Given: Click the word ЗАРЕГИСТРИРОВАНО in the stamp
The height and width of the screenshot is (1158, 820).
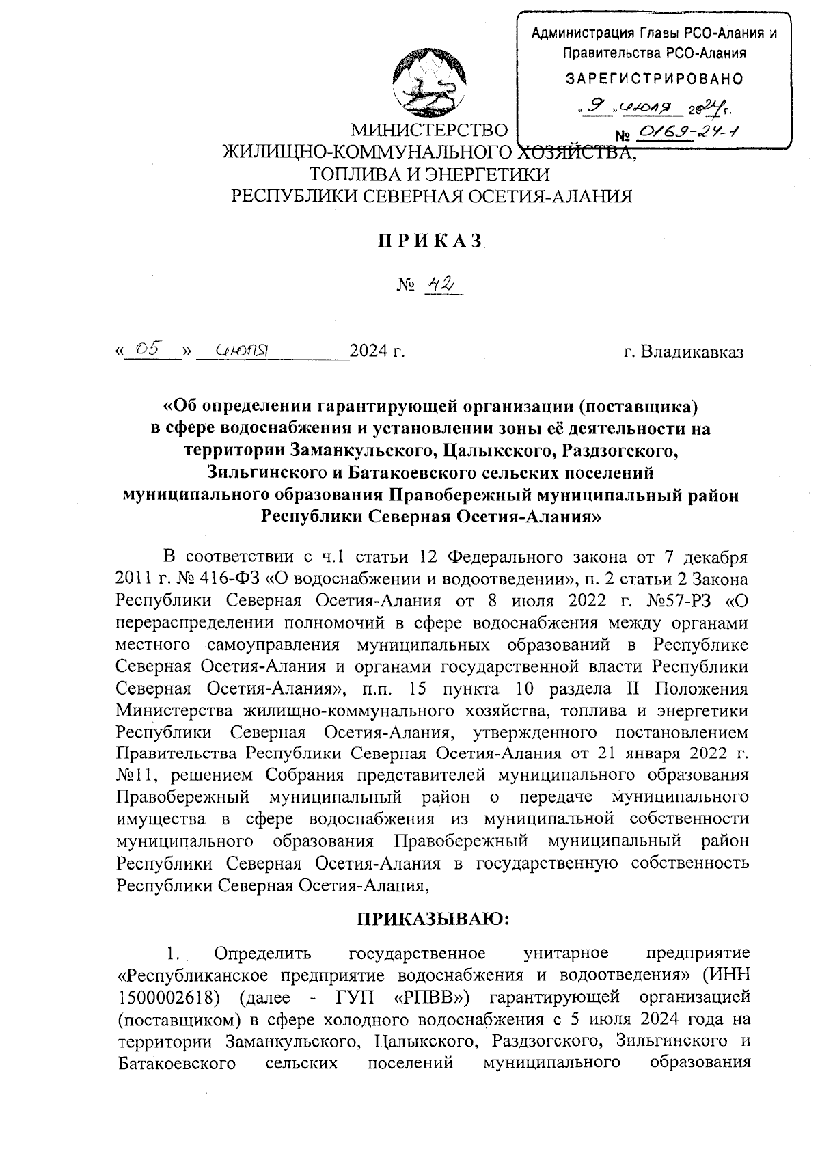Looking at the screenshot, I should coord(655,78).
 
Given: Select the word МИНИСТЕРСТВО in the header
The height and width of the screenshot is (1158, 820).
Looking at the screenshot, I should coord(430,131).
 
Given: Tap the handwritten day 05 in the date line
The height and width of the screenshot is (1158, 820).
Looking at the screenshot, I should coord(148,349).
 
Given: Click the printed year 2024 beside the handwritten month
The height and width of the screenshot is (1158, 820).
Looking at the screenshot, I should coord(367,353).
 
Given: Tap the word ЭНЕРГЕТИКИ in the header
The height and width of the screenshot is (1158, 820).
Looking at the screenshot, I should coord(487,174).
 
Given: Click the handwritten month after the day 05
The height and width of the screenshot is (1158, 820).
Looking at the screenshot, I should coord(241,351).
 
